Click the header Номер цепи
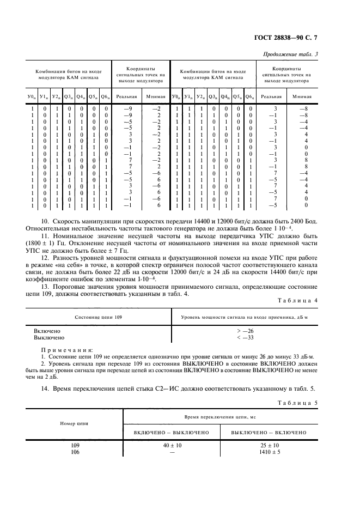(x=75, y=423)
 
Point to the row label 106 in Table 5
(x=75, y=452)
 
